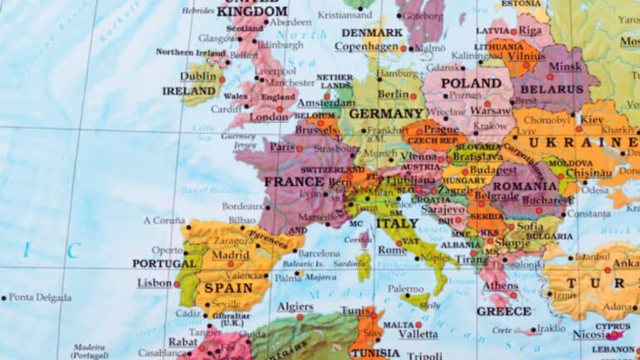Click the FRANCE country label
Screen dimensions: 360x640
pos(293,182)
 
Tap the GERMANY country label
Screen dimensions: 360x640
pos(386,113)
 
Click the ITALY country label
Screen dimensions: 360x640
pos(397,223)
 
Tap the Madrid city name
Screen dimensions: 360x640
pos(230,255)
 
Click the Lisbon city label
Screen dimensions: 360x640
pos(154,283)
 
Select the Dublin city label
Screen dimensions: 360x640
pos(198,76)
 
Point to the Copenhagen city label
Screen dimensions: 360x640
pos(367,47)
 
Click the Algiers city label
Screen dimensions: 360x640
pos(295,307)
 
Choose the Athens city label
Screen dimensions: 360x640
pos(500,286)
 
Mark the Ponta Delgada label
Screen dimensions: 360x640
pos(40,297)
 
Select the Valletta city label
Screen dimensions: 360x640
pos(416,334)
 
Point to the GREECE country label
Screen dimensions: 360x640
pos(503,312)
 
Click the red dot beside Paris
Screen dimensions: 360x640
pos(299,148)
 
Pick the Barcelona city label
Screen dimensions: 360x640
pos(318,252)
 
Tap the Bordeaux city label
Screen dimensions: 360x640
pos(242,206)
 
